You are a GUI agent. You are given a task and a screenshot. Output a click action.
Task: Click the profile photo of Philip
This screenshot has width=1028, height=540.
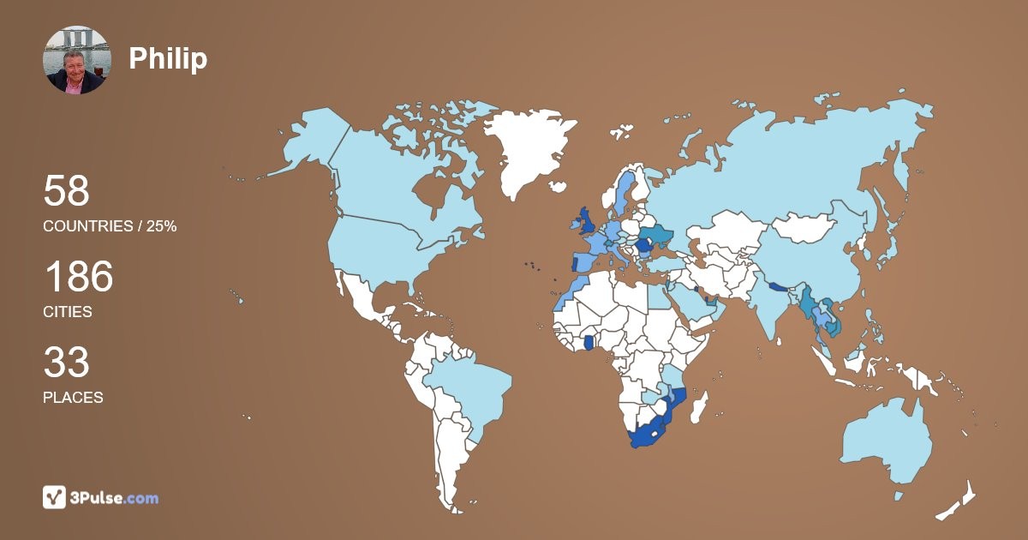[77, 60]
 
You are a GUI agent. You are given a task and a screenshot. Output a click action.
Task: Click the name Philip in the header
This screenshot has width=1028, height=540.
[168, 58]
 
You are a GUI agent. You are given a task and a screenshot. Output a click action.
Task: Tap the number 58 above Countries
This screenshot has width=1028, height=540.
[66, 191]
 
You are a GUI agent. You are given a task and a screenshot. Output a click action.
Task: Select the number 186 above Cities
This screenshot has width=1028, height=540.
[78, 278]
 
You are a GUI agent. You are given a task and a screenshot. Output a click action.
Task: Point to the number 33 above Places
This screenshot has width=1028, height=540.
[66, 363]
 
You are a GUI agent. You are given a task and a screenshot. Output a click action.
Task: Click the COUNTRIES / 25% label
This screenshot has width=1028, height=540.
[110, 226]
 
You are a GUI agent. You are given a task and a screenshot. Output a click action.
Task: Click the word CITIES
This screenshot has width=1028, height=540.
[68, 312]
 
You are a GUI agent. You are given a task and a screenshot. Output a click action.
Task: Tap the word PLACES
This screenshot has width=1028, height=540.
[73, 398]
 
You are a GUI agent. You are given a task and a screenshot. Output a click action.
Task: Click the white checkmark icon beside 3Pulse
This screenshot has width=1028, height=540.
[55, 497]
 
